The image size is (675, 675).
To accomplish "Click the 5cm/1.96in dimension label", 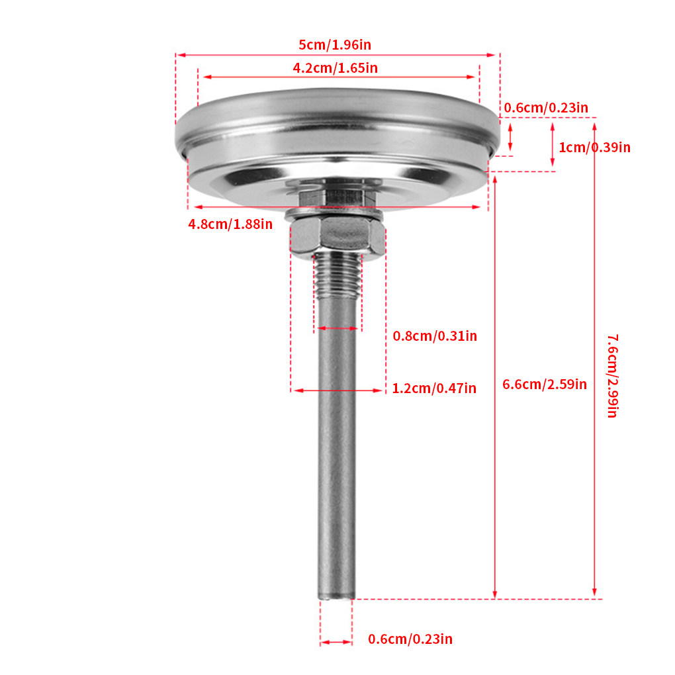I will tap(335, 45).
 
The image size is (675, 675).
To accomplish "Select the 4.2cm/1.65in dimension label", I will tap(335, 67).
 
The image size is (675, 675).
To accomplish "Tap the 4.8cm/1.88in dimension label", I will tap(230, 224).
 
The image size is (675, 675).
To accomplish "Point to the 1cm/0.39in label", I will tap(594, 148).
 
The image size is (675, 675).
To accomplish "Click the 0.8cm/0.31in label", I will tap(435, 336).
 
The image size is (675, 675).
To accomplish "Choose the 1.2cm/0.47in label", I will tap(434, 388).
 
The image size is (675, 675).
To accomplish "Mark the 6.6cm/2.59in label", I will tap(545, 384).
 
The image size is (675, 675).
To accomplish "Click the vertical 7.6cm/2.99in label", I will tap(612, 376).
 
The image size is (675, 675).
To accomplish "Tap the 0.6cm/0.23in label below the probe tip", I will tap(410, 639).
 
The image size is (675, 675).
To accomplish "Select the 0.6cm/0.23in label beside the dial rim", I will tap(546, 108).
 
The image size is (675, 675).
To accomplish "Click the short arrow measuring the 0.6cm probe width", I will tap(336, 642).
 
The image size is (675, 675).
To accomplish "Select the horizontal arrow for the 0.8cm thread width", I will tap(337, 328).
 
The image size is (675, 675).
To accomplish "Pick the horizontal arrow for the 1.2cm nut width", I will tap(337, 390).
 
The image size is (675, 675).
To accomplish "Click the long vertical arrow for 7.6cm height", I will tap(594, 357).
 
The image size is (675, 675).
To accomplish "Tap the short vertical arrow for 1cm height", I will tap(553, 144).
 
